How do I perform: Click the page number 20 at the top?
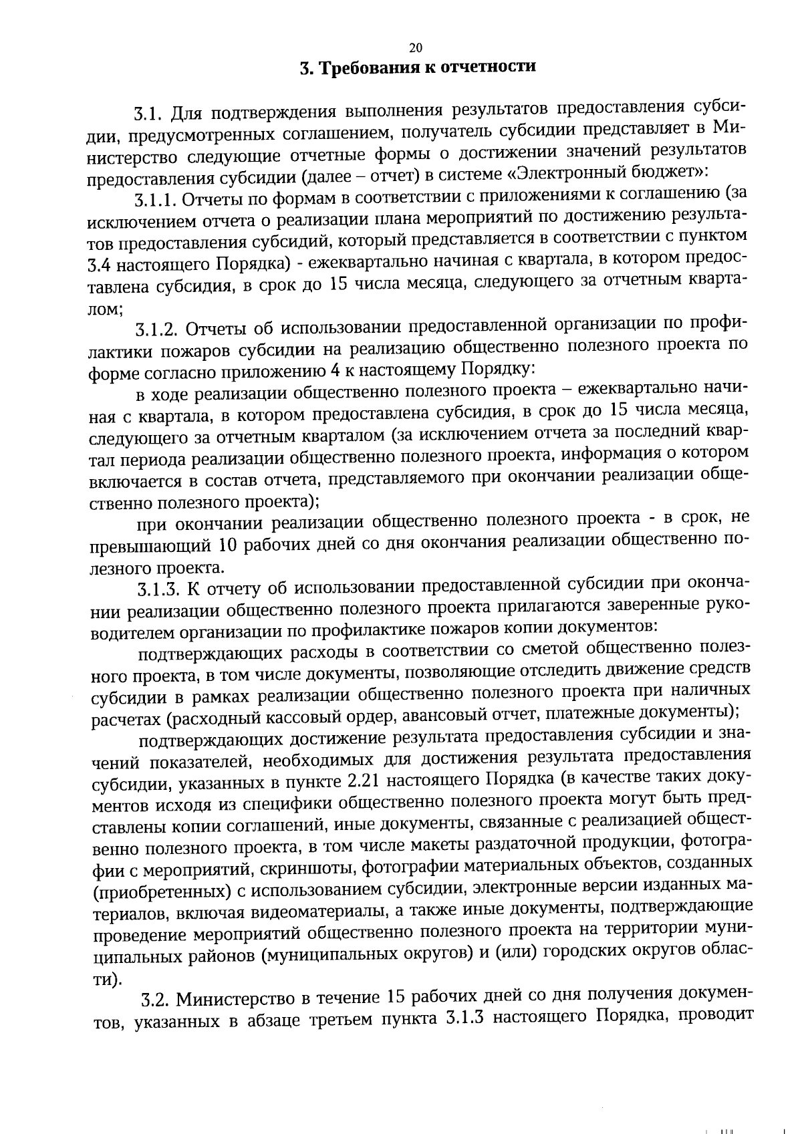click(x=415, y=47)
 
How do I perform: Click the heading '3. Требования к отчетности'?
click(x=418, y=68)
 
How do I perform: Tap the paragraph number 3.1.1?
click(x=155, y=200)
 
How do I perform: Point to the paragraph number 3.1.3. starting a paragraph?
click(x=159, y=589)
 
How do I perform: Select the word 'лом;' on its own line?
click(x=104, y=308)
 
